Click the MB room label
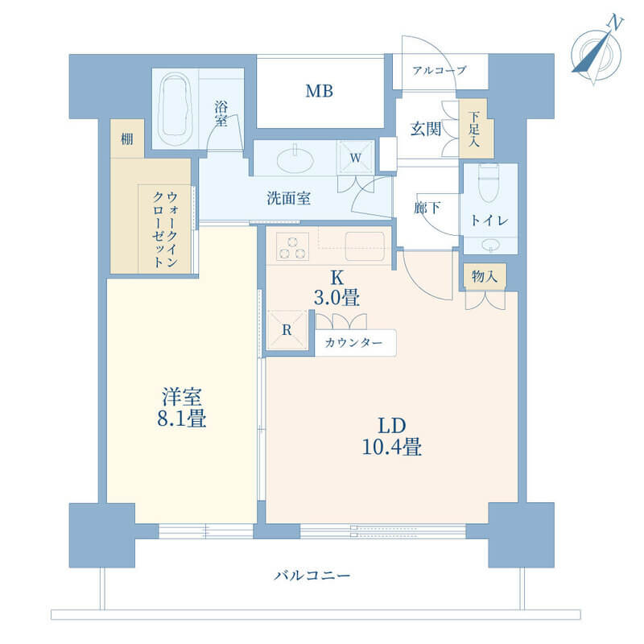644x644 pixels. tap(319, 91)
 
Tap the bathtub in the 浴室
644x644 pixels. tap(175, 109)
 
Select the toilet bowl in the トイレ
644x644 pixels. tap(488, 183)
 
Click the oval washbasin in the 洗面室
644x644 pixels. tap(295, 159)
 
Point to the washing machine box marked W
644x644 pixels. tap(355, 158)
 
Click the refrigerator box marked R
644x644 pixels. tap(287, 330)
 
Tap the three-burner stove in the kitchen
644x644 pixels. tap(292, 246)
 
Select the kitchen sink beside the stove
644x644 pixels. tap(365, 246)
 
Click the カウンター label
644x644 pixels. tap(353, 343)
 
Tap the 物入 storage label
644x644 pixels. tap(485, 276)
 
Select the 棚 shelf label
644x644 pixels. tap(127, 139)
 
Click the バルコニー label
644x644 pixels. tap(312, 576)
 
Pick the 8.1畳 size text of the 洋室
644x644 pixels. tap(182, 419)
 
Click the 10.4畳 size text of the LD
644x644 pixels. tap(392, 447)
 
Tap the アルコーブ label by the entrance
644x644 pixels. tap(439, 71)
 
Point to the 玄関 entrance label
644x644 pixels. tap(426, 129)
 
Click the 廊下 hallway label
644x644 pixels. tap(427, 208)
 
